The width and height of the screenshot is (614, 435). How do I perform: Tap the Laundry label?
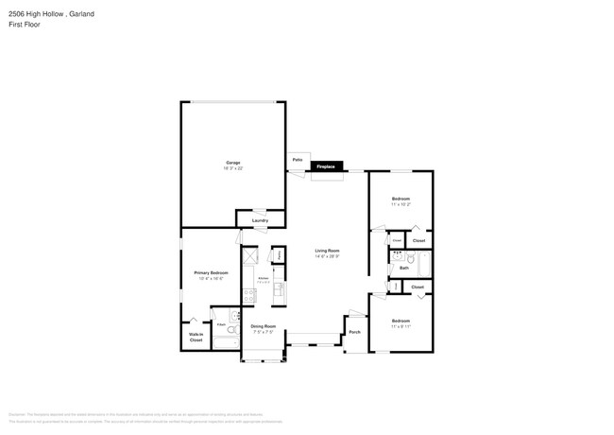pos(260,220)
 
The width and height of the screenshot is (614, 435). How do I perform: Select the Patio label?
pos(297,159)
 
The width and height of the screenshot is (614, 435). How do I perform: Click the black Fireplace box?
pos(326,166)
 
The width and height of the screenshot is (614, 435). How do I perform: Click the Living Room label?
pos(326,251)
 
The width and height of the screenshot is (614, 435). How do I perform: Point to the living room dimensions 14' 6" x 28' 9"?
pos(326,256)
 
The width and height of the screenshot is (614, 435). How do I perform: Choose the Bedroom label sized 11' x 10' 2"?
pos(401,199)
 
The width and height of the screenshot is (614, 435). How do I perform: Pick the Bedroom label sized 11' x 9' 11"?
pos(401,321)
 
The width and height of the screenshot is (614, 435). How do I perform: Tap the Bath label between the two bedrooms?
pos(404,268)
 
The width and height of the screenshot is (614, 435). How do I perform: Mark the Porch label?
pos(355,332)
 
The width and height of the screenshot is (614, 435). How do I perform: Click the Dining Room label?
pos(263,326)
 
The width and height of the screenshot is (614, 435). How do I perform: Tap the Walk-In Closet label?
pos(196,336)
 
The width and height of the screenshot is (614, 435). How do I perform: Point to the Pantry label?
pos(281,255)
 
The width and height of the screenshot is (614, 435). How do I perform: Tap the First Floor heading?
pos(24,24)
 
